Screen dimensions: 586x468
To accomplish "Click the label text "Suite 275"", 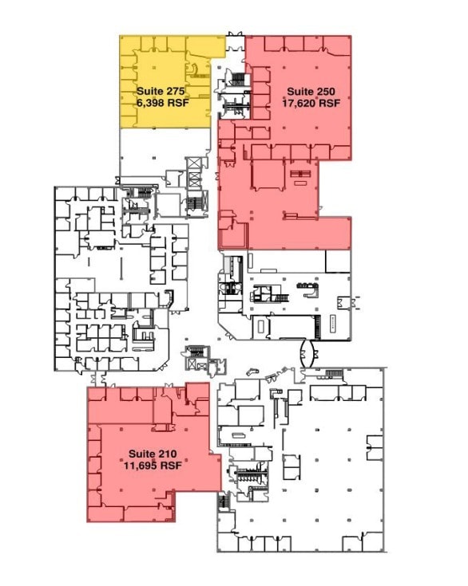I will (x=161, y=91).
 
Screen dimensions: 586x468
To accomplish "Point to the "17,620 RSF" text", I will (x=311, y=103).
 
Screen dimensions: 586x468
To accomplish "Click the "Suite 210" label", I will (x=148, y=454).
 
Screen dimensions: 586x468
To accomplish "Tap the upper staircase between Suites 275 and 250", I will (x=237, y=79).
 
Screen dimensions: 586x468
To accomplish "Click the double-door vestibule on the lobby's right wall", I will (x=345, y=302).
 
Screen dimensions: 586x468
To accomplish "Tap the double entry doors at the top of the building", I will (x=235, y=34).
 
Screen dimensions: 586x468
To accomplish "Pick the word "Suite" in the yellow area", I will (x=149, y=91).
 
